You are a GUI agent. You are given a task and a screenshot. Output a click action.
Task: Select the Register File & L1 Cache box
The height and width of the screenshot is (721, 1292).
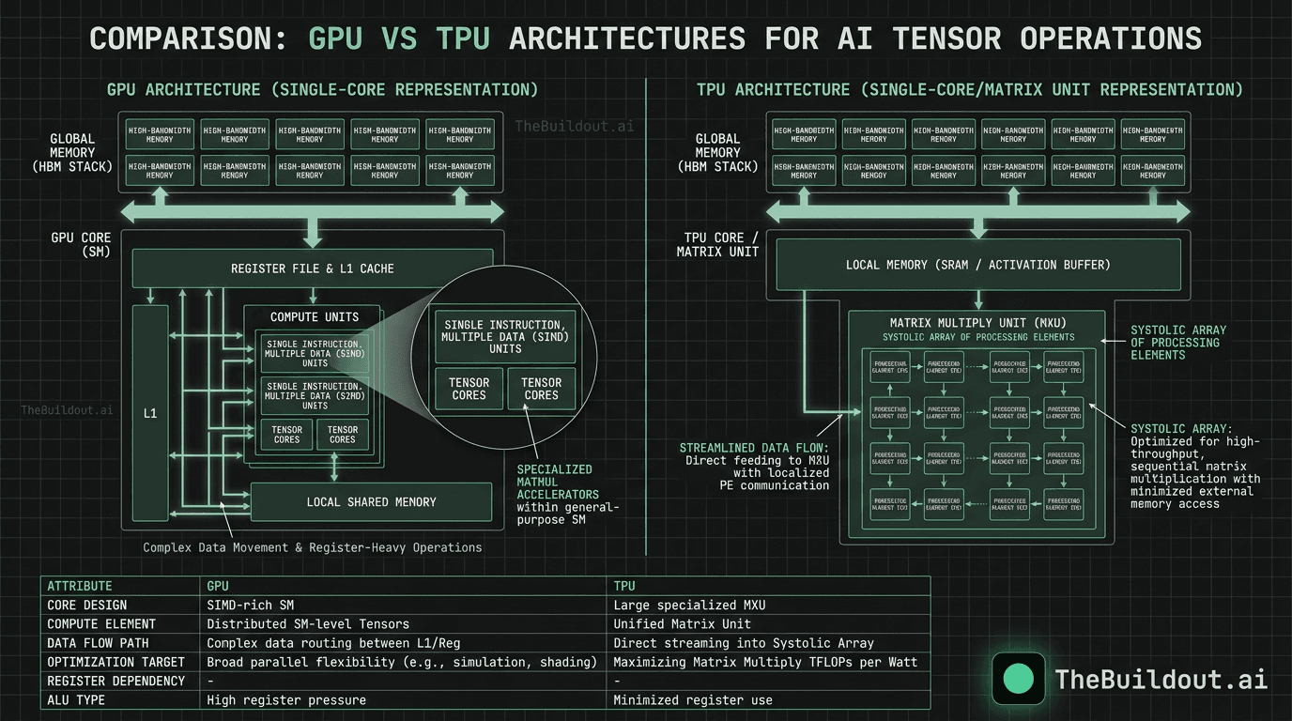(312, 268)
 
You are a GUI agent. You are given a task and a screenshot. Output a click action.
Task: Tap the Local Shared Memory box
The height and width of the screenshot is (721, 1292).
(371, 502)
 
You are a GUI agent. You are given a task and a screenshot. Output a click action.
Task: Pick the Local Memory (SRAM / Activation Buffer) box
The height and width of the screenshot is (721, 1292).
(977, 265)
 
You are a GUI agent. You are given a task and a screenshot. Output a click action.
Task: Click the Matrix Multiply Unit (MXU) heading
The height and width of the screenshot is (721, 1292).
(977, 323)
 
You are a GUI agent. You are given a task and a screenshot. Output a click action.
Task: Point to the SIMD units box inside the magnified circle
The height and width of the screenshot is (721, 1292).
(505, 336)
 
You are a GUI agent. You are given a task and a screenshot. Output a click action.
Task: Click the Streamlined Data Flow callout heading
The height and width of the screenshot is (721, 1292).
(754, 448)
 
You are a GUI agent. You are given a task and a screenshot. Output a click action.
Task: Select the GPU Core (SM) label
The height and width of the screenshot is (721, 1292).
(81, 245)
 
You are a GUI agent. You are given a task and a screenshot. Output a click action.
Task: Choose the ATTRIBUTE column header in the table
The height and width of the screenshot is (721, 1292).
(80, 586)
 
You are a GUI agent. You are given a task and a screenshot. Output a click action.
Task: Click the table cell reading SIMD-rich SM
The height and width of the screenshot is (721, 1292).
(250, 605)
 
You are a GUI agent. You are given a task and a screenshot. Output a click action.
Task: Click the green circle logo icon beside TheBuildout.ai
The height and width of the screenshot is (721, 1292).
(1018, 679)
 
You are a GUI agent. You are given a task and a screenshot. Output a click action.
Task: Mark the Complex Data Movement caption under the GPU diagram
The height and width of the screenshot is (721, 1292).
(312, 547)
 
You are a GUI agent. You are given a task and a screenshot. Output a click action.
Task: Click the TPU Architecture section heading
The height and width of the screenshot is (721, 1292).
(969, 90)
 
